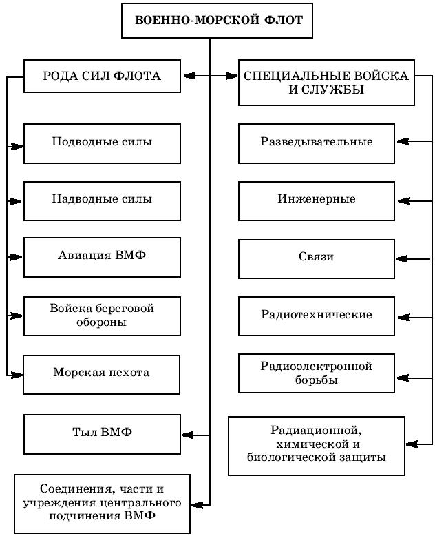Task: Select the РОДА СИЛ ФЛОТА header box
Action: coord(102,76)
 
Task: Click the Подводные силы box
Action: coord(102,143)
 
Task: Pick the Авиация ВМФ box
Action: coord(102,257)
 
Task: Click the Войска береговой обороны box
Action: coord(102,316)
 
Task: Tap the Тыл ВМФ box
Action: coord(102,433)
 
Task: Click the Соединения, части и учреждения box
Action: coord(102,503)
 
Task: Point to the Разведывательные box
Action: coord(317,143)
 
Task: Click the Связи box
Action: coord(317,258)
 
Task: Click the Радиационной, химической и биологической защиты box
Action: coord(317,445)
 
